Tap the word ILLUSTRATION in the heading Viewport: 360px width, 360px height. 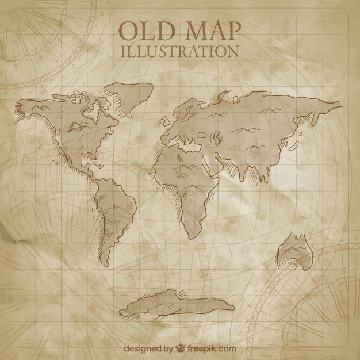(x=180, y=51)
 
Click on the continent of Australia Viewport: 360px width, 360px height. (x=293, y=247)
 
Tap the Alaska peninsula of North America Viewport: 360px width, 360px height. (x=32, y=106)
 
